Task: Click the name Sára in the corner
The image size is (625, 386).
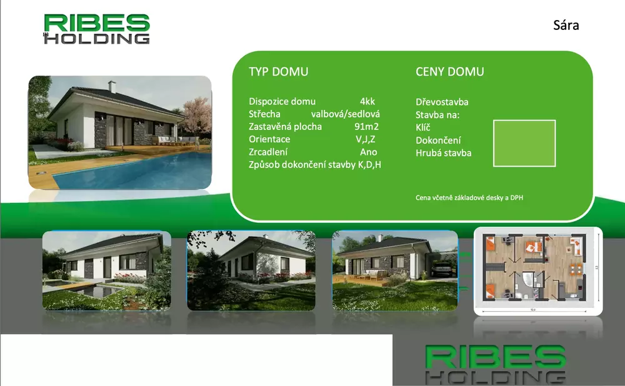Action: click(566, 25)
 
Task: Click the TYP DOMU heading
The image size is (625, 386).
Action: click(279, 72)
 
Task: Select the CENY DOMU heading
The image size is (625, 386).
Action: click(449, 72)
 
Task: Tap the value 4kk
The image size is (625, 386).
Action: click(367, 101)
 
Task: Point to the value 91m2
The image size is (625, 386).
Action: click(366, 127)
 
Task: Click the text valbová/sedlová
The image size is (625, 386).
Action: click(345, 114)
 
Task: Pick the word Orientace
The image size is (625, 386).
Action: click(269, 139)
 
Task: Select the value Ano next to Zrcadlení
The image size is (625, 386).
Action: click(368, 152)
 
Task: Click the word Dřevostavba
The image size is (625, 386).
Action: click(442, 102)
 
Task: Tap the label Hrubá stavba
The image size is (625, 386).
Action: click(444, 153)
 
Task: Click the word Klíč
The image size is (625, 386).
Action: click(423, 127)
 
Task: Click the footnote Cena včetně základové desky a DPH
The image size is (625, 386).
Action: click(469, 197)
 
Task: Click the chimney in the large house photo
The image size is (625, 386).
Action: click(112, 86)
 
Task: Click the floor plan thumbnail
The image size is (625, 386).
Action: click(538, 271)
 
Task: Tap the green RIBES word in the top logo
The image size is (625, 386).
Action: click(97, 23)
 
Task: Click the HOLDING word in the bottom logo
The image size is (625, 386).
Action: click(496, 377)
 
